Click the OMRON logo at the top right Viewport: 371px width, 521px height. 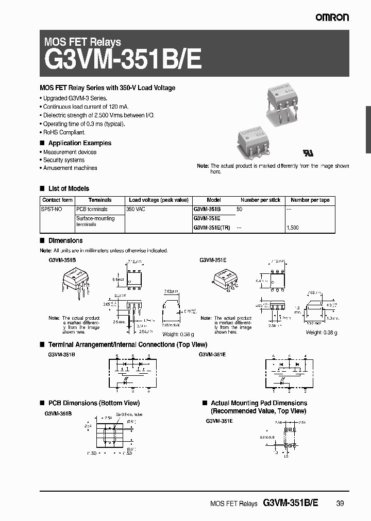click(332, 17)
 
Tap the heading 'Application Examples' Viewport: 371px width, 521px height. click(79, 143)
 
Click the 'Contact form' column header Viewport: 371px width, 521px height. click(57, 200)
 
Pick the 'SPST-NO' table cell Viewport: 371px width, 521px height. click(51, 210)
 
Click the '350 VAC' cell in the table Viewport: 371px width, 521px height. click(138, 210)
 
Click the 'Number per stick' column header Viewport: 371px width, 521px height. click(260, 200)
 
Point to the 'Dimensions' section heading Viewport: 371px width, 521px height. click(65, 240)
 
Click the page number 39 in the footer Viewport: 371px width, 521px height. click(340, 503)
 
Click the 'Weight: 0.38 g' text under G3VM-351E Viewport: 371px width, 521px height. click(322, 333)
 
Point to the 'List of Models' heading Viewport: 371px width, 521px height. click(68, 188)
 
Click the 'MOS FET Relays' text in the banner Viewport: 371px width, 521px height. click(83, 42)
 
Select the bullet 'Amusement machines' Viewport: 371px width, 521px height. click(70, 168)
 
